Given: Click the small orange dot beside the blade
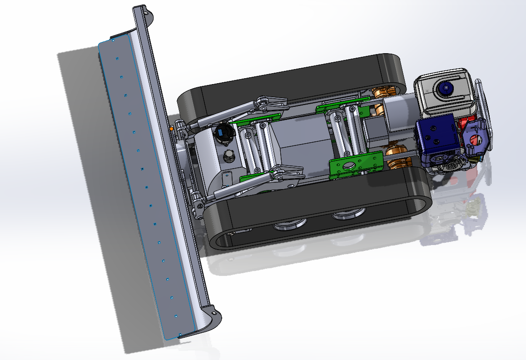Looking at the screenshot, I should click(x=171, y=129).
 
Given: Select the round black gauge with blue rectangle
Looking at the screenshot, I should click(x=223, y=133).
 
